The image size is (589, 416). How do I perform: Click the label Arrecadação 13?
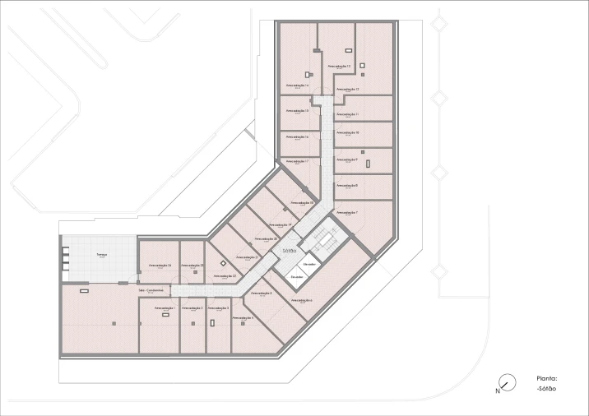[x=339, y=66]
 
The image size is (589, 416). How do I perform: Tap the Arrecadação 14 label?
[x=297, y=85]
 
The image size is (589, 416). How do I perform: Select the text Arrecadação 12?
[x=347, y=89]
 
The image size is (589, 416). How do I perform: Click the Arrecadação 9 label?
[x=346, y=159]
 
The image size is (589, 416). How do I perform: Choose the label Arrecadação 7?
[x=346, y=212]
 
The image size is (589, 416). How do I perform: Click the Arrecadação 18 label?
[x=302, y=201]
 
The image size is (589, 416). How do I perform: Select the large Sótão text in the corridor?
[x=288, y=249]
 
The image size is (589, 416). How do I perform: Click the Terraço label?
[x=102, y=255]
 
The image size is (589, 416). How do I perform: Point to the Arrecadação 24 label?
[x=160, y=266]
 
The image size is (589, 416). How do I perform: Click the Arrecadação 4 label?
[x=243, y=317]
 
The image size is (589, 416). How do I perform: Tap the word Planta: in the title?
[x=546, y=379]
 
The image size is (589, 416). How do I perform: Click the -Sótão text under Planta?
[x=546, y=388]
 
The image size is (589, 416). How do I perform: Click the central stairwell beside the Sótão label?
[x=325, y=239]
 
